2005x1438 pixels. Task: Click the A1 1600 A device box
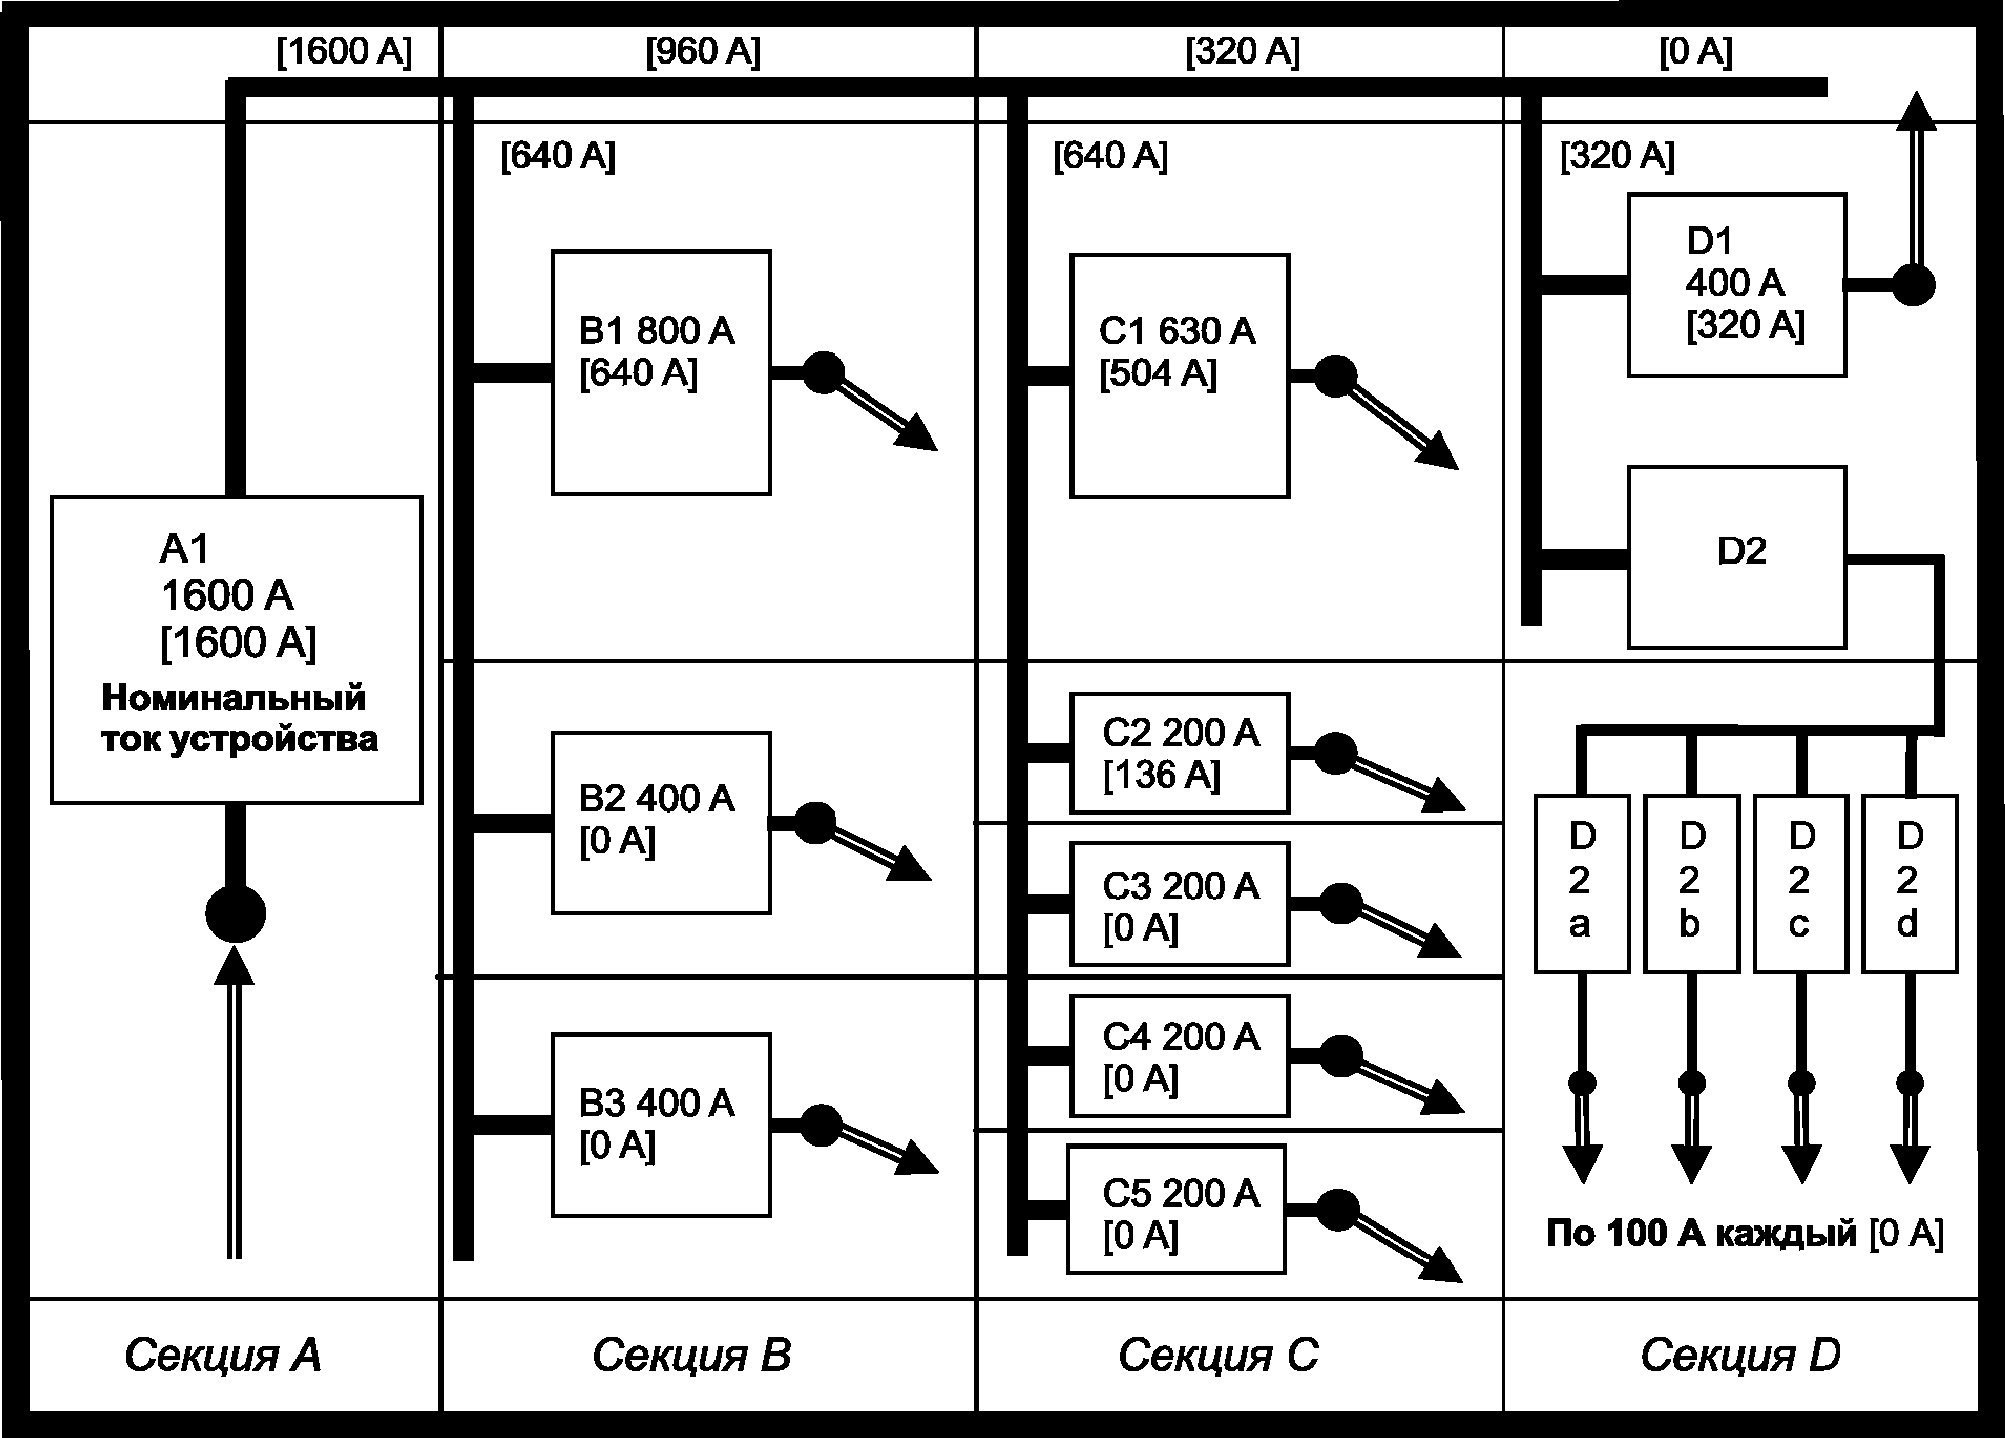pos(236,649)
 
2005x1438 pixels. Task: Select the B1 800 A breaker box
pos(661,372)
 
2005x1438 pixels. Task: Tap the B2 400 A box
pos(661,823)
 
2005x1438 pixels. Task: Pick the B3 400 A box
pos(661,1125)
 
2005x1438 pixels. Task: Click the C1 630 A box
pos(1179,376)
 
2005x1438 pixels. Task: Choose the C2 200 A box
pos(1179,753)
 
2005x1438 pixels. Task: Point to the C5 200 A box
pos(1176,1209)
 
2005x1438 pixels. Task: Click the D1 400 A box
pos(1738,285)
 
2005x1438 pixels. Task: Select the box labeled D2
pos(1738,557)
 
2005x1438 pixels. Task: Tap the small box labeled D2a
pos(1582,884)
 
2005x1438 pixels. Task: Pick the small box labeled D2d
pos(1910,884)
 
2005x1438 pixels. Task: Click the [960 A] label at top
pos(703,52)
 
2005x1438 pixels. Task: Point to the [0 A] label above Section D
pos(1696,52)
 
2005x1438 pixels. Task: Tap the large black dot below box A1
pos(235,912)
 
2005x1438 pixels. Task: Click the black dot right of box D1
pos(1913,285)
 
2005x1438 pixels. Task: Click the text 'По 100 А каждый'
pos(1702,1234)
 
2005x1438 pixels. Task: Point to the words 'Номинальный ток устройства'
pos(239,718)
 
